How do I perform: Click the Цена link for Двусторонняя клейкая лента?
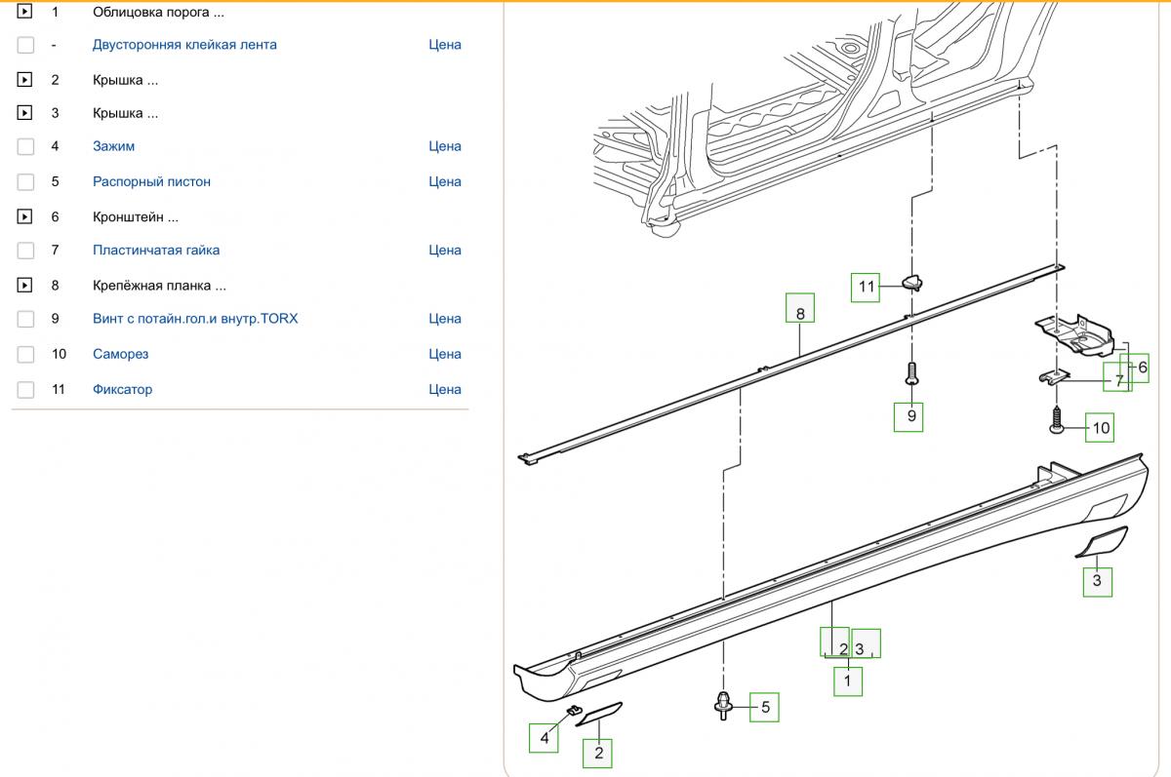(444, 45)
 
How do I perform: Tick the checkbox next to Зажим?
(25, 146)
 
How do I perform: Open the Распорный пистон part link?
(151, 181)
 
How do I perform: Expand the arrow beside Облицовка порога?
(25, 13)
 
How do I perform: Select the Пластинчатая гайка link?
(156, 250)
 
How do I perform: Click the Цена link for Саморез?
(444, 354)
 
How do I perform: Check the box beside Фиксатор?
(25, 390)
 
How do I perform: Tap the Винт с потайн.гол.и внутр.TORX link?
(195, 319)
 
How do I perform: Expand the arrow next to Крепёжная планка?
(25, 286)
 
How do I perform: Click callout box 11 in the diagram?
(867, 287)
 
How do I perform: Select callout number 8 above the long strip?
(800, 313)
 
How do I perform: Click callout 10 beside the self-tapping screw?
(1100, 427)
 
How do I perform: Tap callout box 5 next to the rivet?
(764, 707)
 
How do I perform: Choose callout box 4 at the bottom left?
(545, 738)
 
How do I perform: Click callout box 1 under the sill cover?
(848, 680)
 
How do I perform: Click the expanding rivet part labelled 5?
(723, 704)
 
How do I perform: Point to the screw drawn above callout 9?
(911, 374)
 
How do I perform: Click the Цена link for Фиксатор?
(444, 390)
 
